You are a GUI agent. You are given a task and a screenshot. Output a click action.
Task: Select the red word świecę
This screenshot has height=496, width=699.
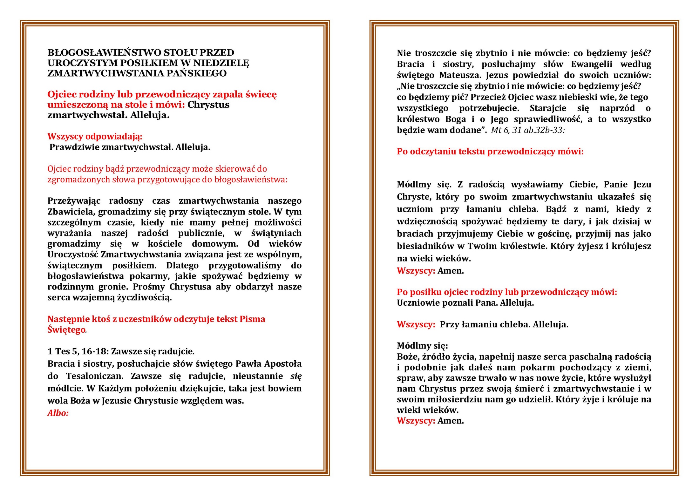261,95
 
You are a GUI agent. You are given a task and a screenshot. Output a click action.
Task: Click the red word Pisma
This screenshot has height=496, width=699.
252,319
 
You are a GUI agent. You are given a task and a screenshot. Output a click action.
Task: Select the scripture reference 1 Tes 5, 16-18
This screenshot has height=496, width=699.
78,351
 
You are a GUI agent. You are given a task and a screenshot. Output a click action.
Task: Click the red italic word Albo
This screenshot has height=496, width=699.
58,413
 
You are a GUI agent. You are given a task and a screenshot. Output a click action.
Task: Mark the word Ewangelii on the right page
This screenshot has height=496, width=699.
591,64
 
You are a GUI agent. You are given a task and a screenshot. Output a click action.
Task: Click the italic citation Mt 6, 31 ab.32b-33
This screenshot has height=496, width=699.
527,130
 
